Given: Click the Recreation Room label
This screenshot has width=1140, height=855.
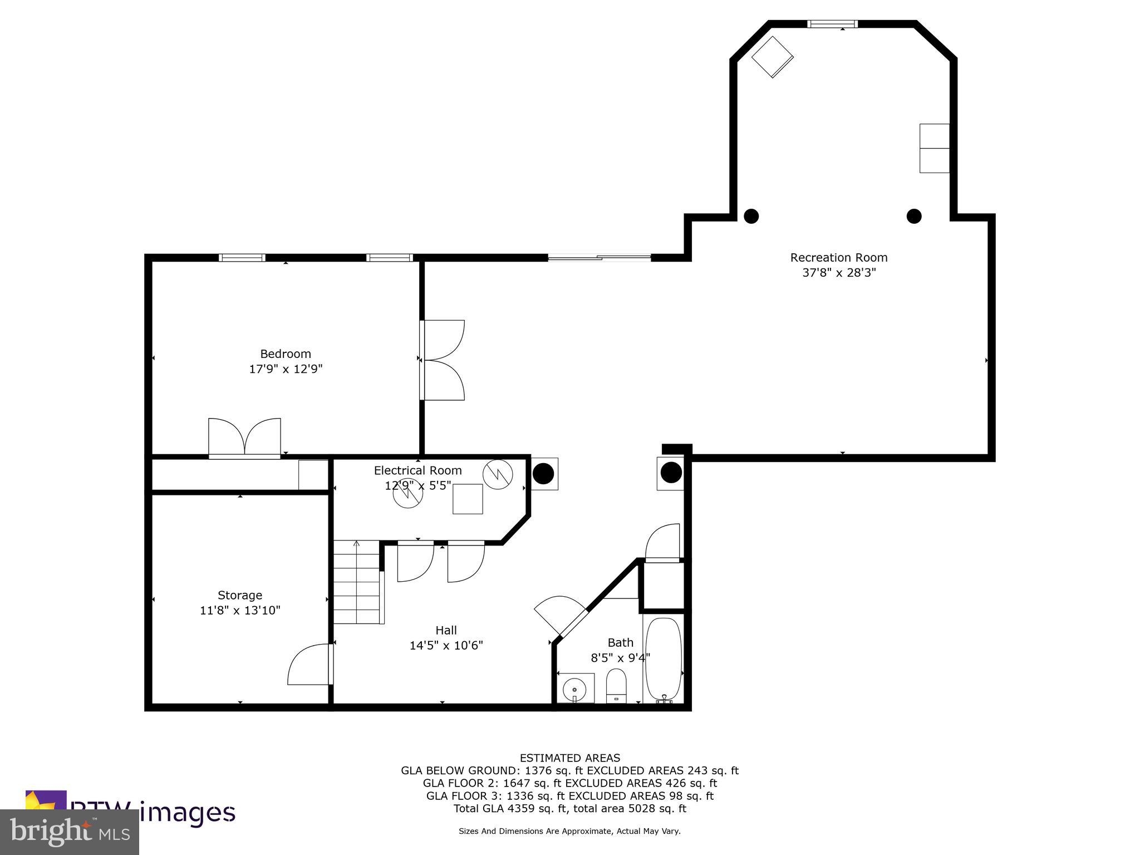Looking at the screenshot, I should coord(838,258).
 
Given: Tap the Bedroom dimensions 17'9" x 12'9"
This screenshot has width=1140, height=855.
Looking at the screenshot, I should coord(286,369).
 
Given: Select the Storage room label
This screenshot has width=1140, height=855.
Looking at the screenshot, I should coord(239,595).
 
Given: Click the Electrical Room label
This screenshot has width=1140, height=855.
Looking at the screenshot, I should coord(417,471).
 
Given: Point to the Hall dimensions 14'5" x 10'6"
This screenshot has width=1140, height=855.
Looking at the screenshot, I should coord(446,646).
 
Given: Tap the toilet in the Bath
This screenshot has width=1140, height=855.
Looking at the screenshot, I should coord(616,685).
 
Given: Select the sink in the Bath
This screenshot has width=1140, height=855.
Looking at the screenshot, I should coord(575,689).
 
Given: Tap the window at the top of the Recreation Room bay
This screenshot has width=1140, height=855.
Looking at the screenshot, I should coord(832,24).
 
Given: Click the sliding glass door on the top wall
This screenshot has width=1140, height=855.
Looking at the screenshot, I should coord(600,258).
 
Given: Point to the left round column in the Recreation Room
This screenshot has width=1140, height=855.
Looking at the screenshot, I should coord(751,216).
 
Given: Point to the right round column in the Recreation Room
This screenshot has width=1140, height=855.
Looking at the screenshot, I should coord(914,216).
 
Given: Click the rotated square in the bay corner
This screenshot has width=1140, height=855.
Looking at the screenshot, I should coord(772,57).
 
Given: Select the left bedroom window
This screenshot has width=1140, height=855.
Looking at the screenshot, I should coord(242,258).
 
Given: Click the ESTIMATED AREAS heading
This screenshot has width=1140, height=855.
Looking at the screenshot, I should coord(569,758).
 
